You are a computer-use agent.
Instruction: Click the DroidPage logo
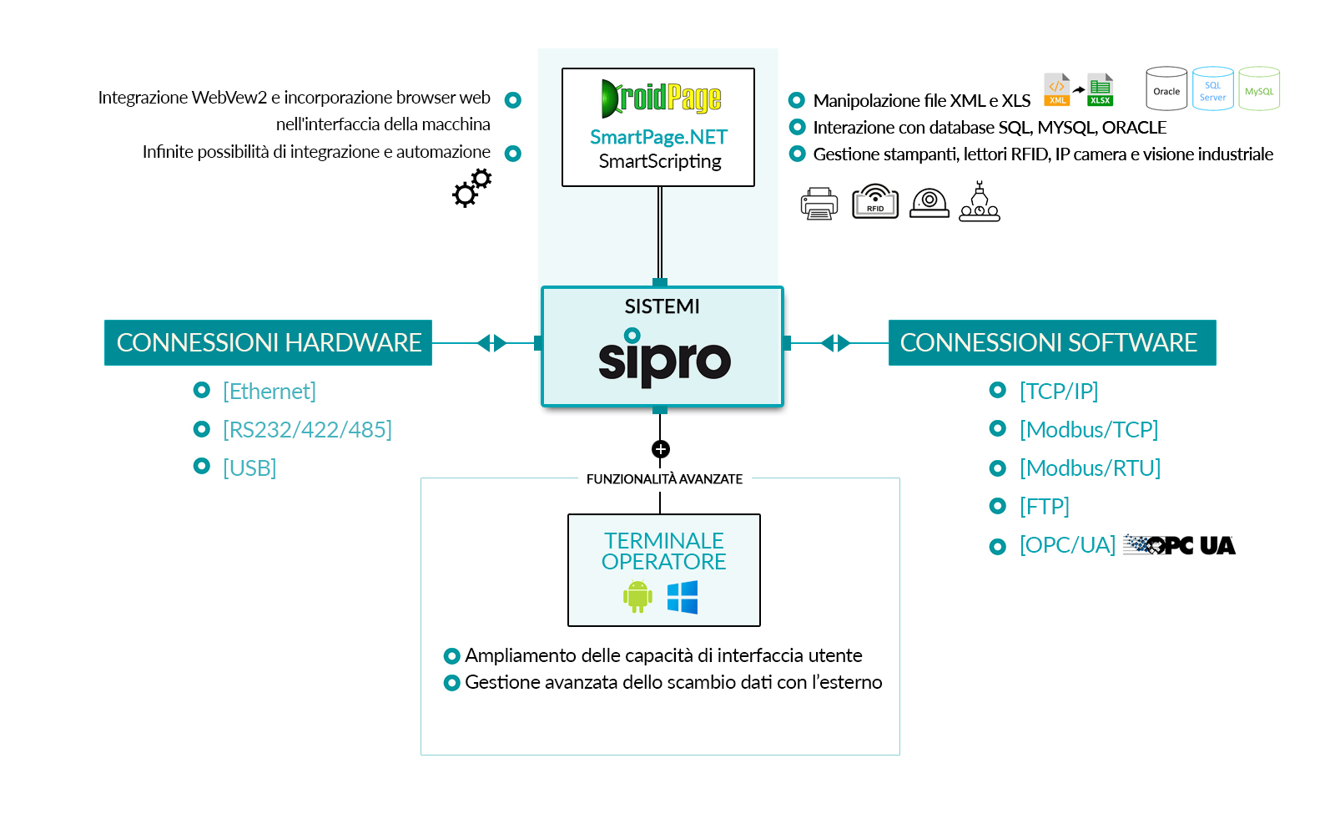point(660,99)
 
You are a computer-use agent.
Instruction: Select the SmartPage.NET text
point(658,137)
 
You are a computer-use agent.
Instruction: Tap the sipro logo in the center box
point(664,358)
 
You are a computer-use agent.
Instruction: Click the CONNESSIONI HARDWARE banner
point(268,342)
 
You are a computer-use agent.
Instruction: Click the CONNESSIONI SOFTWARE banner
point(1051,342)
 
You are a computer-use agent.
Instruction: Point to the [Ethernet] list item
point(269,391)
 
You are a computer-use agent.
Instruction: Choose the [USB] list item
point(249,468)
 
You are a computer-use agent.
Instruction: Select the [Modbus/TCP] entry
point(1088,429)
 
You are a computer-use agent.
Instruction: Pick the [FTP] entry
point(1044,506)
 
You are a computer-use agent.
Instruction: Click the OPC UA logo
point(1179,545)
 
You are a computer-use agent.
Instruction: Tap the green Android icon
point(637,596)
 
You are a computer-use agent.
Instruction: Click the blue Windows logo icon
point(683,597)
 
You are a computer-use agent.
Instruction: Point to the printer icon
point(819,203)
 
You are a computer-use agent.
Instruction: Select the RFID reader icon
point(874,201)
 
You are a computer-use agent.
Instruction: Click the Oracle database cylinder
point(1166,89)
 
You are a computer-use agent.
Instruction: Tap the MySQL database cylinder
point(1259,89)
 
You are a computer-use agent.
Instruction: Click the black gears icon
point(472,188)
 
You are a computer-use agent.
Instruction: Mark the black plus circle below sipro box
point(660,449)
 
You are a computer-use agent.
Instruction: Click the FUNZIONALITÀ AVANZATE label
point(664,479)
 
